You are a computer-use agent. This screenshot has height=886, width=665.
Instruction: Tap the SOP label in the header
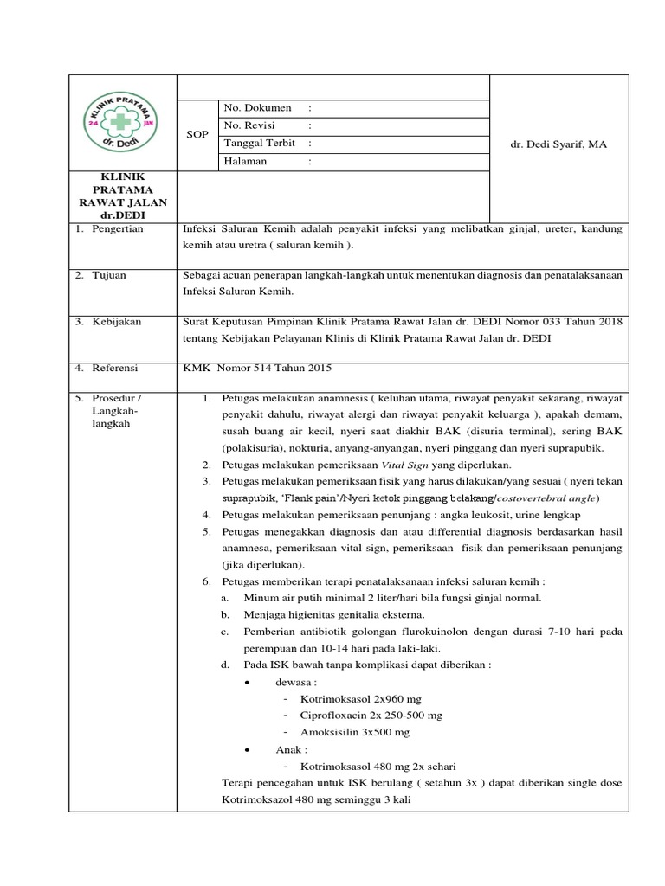[x=197, y=134]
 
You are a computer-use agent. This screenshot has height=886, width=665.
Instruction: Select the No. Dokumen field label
[x=257, y=108]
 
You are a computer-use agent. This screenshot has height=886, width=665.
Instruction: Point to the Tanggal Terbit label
[x=260, y=144]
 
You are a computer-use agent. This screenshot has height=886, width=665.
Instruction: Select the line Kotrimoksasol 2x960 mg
[x=361, y=698]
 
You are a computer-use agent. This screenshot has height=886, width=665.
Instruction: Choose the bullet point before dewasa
[x=249, y=682]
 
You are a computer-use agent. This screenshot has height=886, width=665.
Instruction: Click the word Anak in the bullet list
[x=289, y=749]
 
